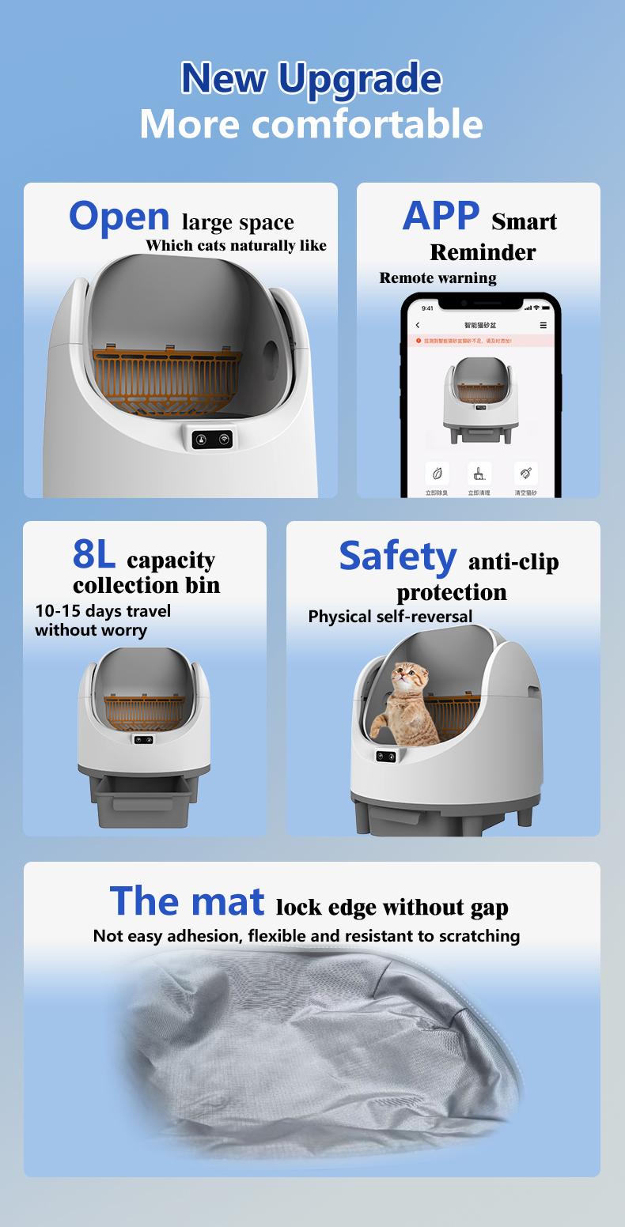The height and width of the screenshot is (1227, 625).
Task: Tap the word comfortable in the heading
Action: (367, 124)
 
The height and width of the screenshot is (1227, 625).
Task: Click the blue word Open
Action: (119, 216)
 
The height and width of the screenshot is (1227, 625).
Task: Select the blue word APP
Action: (441, 215)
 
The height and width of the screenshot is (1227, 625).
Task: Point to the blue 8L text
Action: (94, 555)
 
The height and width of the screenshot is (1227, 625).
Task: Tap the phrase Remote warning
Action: (437, 277)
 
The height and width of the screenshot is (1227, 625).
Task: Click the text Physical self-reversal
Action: (390, 616)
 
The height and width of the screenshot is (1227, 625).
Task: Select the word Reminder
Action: (483, 252)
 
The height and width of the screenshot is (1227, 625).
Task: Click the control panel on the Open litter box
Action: (211, 439)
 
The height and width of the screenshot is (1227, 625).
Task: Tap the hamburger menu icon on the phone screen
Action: (543, 325)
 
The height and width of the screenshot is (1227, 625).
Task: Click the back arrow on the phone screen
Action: (418, 325)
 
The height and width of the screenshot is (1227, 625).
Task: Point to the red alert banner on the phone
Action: (479, 341)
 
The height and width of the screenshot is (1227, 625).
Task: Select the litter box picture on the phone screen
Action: (479, 395)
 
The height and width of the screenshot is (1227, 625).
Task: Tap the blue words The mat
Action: (187, 901)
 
